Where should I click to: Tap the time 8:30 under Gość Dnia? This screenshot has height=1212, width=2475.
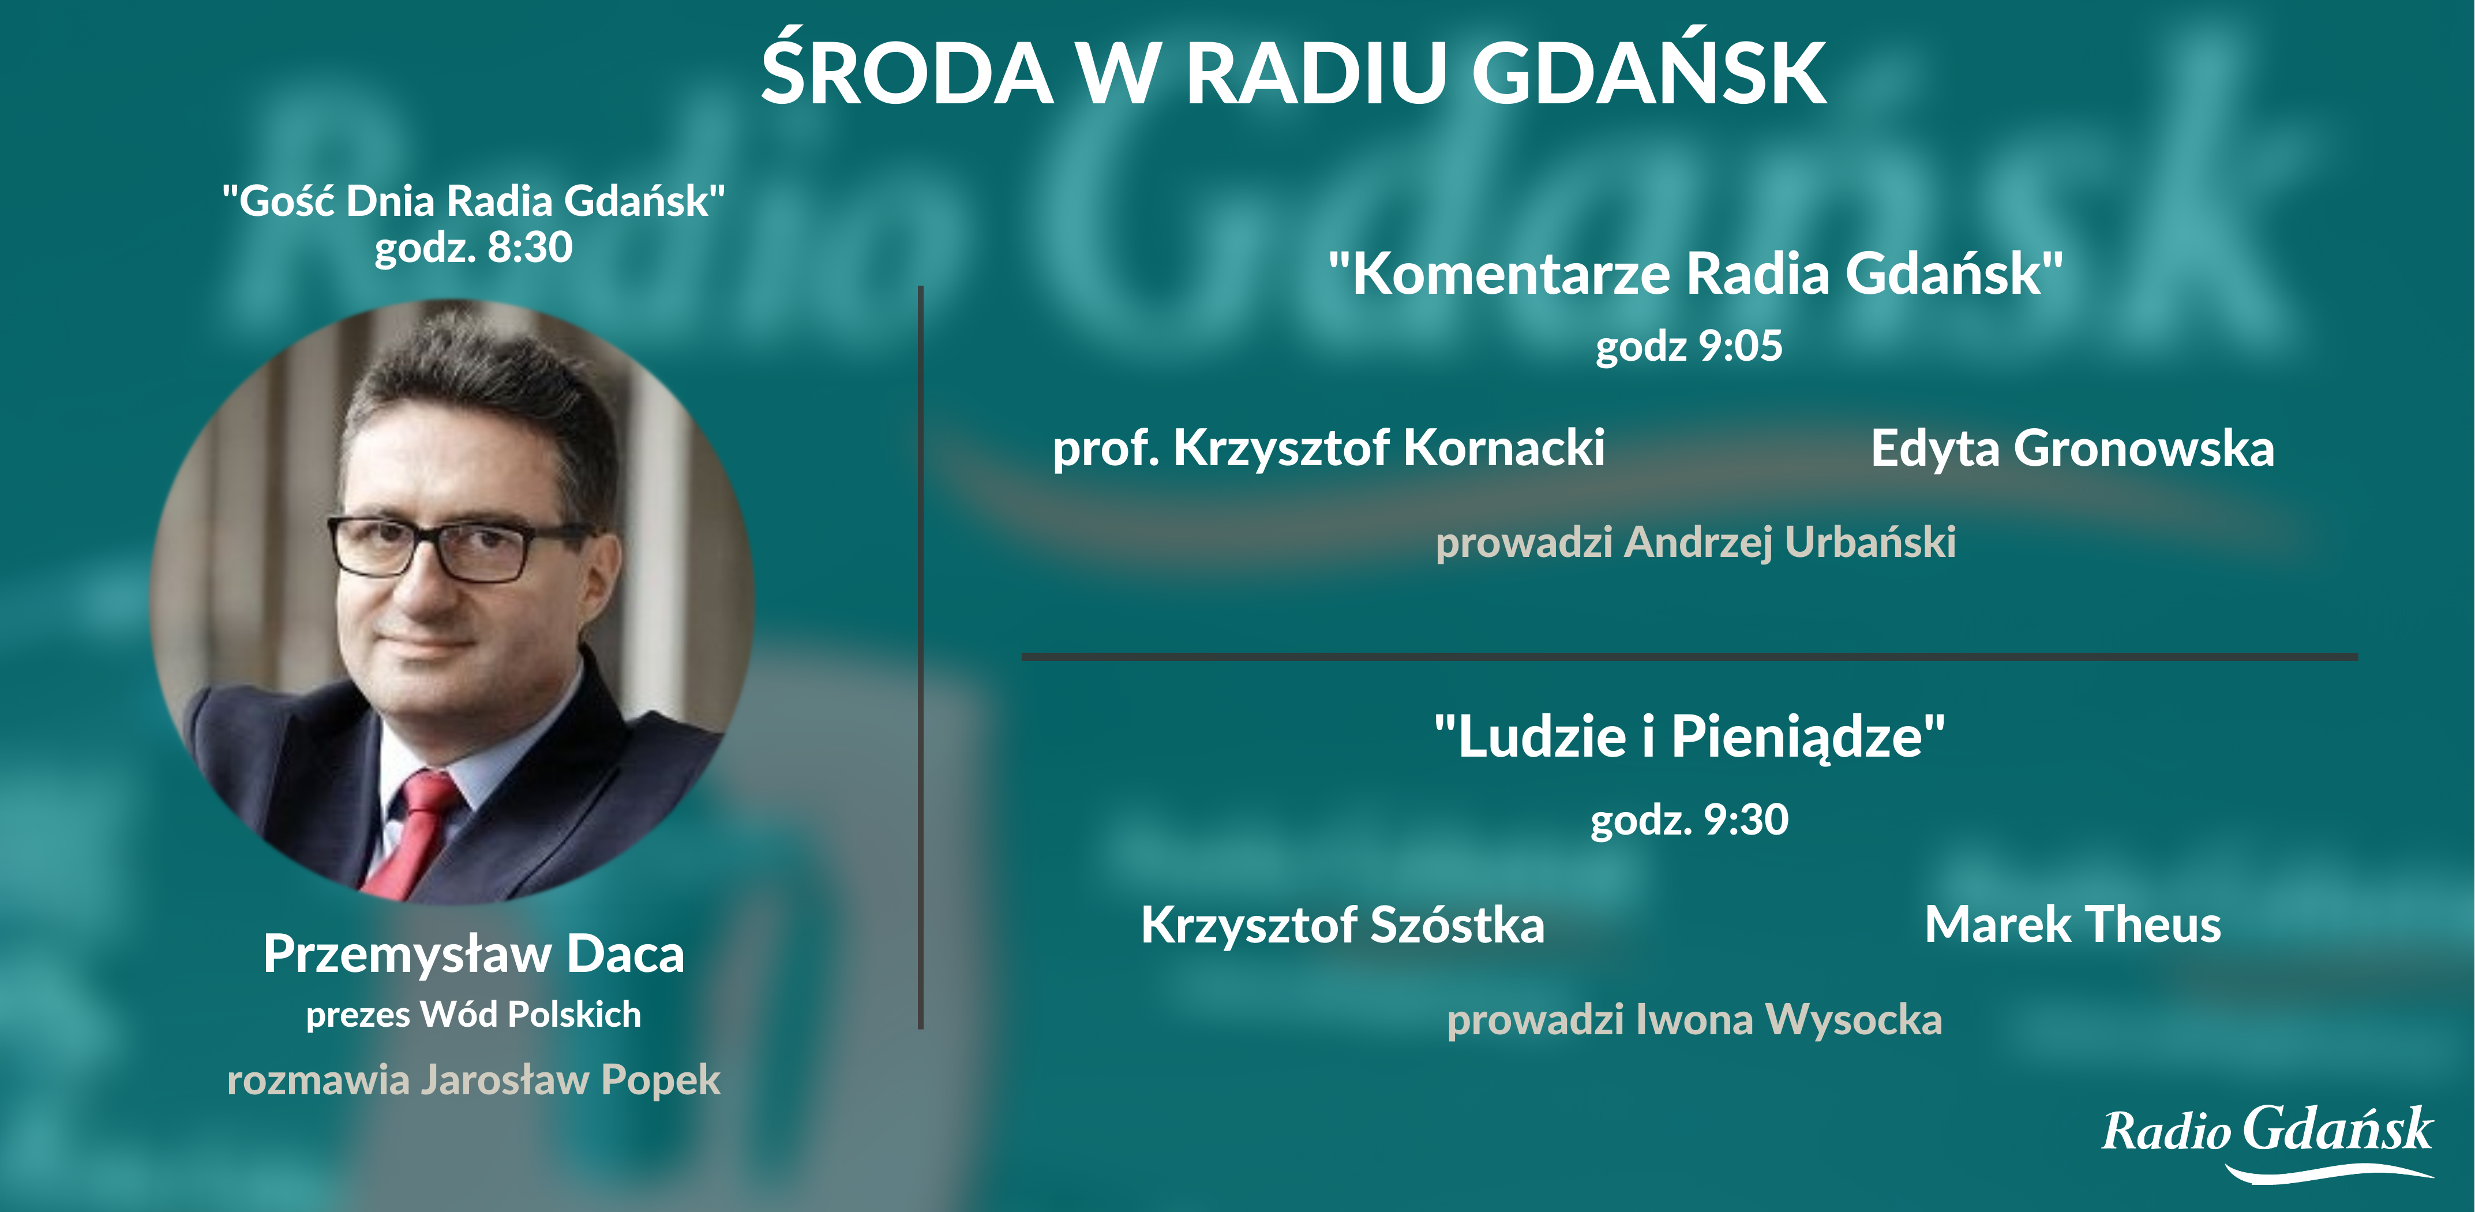(530, 247)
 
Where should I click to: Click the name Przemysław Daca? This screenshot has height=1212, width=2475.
(474, 955)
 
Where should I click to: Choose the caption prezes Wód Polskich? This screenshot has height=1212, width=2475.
(474, 1015)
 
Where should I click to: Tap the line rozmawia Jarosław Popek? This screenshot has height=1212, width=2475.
(474, 1079)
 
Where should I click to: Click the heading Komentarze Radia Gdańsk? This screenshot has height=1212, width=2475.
(1696, 274)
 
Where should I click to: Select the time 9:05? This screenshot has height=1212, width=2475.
(1741, 346)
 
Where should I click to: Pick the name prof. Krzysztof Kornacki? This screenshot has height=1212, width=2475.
(1329, 448)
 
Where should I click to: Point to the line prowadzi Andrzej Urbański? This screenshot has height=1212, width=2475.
(1696, 542)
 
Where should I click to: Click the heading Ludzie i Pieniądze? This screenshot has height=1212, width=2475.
(1690, 737)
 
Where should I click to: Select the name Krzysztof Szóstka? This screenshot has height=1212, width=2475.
(1342, 925)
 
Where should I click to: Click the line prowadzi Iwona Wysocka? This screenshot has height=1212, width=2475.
(1695, 1020)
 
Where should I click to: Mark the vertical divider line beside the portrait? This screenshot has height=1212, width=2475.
(920, 657)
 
